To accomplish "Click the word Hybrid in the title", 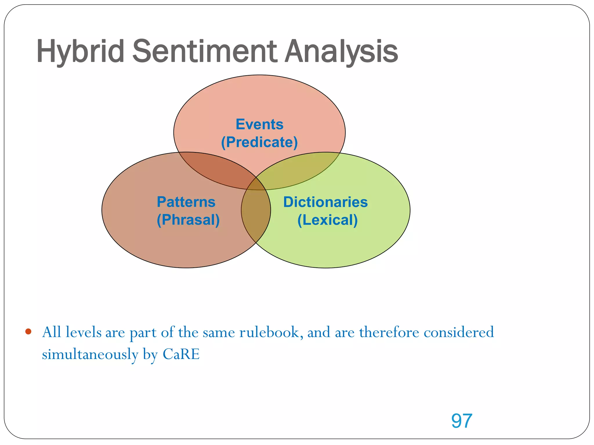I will (x=80, y=52).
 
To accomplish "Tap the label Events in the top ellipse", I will (x=259, y=124).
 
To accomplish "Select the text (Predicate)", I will (x=259, y=142).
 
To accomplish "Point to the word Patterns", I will (x=186, y=202).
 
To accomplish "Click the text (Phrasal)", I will (x=188, y=220).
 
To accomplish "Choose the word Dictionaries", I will (x=325, y=202).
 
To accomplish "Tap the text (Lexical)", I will (x=327, y=220).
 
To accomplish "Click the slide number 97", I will (x=462, y=421).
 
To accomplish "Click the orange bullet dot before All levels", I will (x=28, y=331).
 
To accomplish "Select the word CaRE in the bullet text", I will (x=181, y=354).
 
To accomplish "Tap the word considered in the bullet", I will (x=459, y=332).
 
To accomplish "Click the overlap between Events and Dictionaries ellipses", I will (x=302, y=171).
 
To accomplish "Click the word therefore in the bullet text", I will (x=389, y=332).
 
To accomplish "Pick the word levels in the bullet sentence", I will (x=84, y=332).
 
